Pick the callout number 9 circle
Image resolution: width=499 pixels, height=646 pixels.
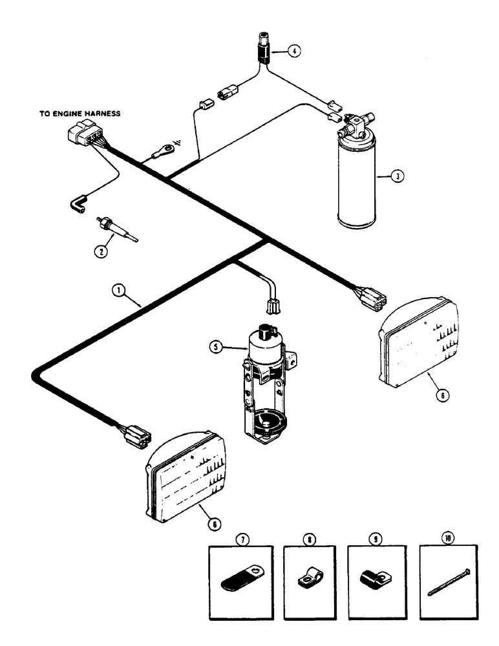[x=377, y=537]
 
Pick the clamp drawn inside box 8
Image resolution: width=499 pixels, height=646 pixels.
[x=312, y=578]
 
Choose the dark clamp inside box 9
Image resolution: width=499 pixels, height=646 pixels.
[x=377, y=578]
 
